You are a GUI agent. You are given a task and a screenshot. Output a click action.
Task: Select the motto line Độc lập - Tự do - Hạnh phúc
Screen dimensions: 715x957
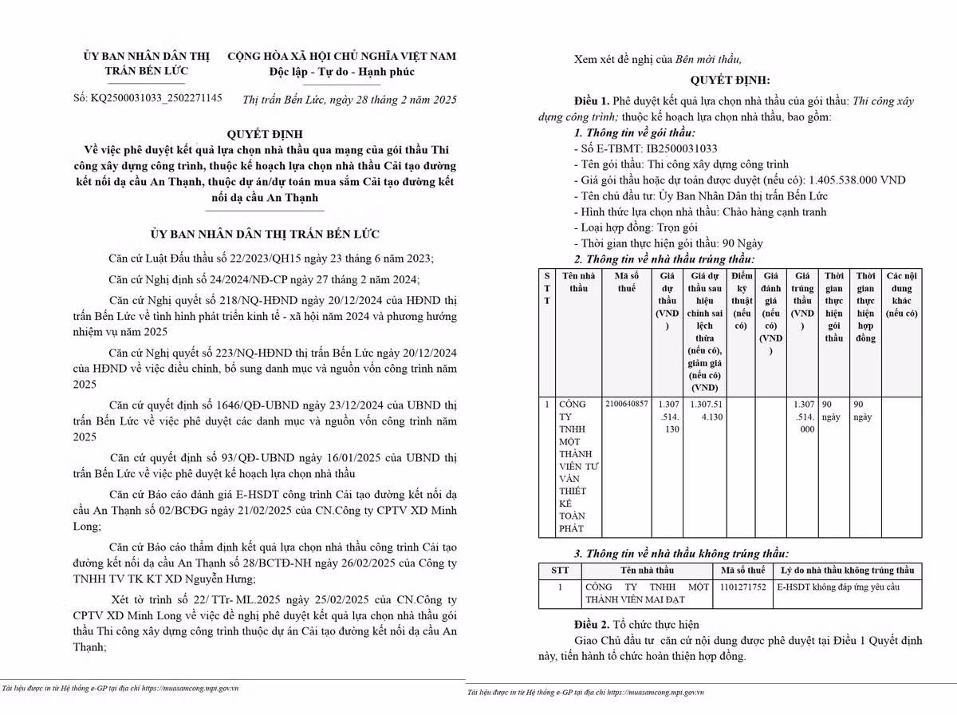[x=341, y=72]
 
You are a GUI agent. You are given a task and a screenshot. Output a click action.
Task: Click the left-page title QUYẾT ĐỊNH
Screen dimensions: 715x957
[x=265, y=133]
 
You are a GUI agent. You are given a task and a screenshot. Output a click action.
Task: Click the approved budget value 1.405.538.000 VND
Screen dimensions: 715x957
[x=857, y=180]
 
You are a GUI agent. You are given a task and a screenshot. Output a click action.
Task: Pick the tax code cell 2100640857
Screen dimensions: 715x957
[x=627, y=404]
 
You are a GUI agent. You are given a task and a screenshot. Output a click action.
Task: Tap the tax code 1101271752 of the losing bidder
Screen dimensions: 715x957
[x=742, y=587]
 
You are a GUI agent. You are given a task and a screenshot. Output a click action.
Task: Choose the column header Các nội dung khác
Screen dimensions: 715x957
[x=901, y=294]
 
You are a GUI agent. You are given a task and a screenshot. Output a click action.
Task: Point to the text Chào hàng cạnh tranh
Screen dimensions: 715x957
[x=774, y=211]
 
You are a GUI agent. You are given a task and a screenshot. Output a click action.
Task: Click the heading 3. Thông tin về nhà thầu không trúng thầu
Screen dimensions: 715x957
[x=682, y=553]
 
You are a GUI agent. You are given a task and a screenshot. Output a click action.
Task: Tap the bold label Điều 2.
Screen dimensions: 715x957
[x=591, y=624]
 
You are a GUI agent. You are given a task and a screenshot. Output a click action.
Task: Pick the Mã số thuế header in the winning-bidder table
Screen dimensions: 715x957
[x=627, y=282]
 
